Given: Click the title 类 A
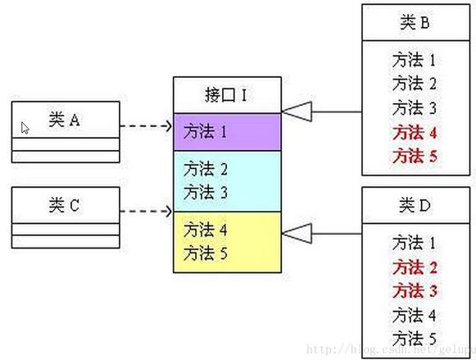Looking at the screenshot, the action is pos(65,120).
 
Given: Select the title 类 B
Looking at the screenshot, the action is pos(415,22).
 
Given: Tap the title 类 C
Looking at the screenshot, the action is pos(65,205).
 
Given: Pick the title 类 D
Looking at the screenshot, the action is pos(415,205).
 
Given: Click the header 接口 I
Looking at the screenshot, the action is pos(226,95).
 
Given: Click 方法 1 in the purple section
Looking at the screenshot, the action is pos(205,132).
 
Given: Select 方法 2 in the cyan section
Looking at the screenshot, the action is pos(206,169).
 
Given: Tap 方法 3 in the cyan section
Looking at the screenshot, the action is pos(206,193).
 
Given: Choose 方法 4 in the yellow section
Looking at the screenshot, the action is pos(206,230).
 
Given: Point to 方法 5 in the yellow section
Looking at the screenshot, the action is pos(206,253).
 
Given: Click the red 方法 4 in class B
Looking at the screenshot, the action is pos(415,133).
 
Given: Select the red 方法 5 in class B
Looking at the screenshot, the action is pos(415,156).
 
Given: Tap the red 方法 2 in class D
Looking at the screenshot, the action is pos(415,267).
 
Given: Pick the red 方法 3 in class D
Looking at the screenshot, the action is pos(415,291).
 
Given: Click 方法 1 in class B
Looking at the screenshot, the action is pos(414,60).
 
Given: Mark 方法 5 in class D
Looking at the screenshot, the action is pos(415,338).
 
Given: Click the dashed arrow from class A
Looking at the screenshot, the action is pos(147,125).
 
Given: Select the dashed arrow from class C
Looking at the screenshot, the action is pos(147,211).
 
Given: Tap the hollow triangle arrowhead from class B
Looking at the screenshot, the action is pos(297,112).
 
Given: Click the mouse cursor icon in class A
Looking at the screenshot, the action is pos(25,128).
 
